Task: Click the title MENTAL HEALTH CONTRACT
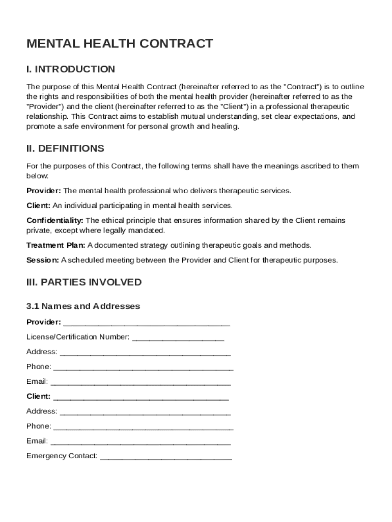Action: tap(120, 44)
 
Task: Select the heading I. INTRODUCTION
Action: tap(71, 69)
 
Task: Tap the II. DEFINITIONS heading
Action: tap(65, 149)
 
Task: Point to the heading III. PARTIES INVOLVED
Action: tap(84, 282)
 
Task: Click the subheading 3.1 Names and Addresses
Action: tap(83, 306)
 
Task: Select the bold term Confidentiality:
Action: tap(55, 220)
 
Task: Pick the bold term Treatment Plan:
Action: tap(56, 245)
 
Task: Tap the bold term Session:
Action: tap(43, 260)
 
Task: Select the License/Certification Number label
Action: tap(78, 337)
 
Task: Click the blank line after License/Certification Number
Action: tap(178, 338)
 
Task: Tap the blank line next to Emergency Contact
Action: tap(166, 457)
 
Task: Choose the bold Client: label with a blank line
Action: tap(38, 396)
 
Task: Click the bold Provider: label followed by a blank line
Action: tap(44, 322)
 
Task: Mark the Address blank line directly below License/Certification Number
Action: tap(145, 353)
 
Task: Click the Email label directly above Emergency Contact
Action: tap(37, 441)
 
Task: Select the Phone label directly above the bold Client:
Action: tap(39, 367)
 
